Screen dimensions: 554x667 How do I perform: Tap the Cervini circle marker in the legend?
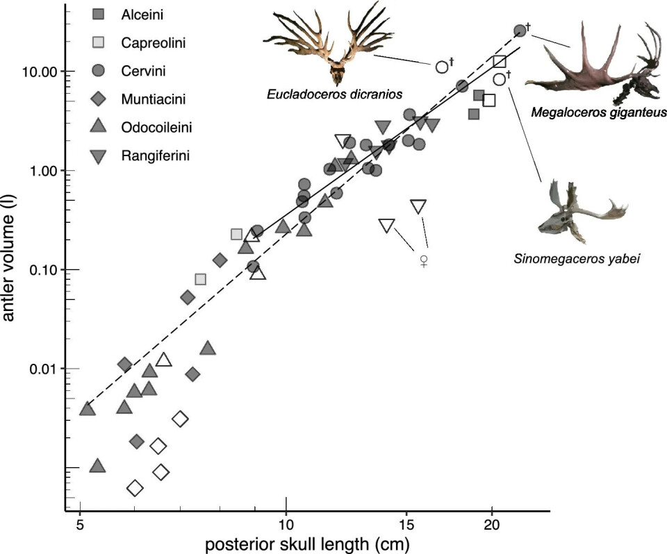99,70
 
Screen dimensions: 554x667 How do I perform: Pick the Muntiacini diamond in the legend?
99,99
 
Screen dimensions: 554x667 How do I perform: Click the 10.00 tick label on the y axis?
41,72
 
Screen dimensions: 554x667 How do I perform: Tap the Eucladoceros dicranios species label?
335,94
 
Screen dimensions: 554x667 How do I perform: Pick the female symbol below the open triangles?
424,261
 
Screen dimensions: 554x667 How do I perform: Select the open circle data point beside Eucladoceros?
442,67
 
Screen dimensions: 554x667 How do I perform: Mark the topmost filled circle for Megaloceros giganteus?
520,31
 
